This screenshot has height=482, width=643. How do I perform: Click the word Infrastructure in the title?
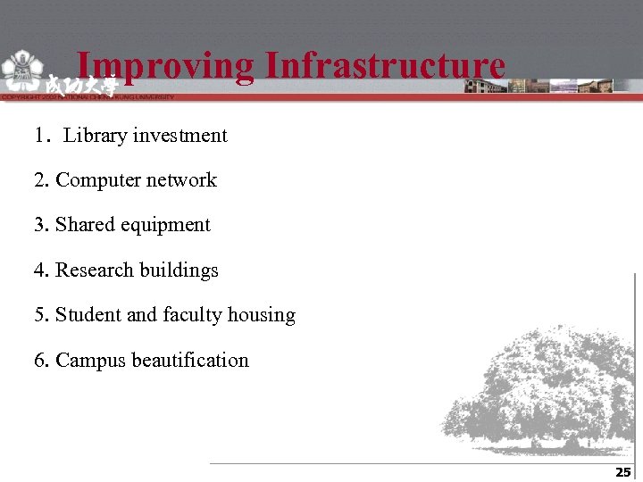coord(385,66)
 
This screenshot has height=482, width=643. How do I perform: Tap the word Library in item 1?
coord(96,136)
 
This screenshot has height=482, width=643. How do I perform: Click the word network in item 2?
coord(181,180)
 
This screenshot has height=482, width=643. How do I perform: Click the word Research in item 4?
coord(96,270)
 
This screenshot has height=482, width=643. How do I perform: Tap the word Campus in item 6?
coord(91,361)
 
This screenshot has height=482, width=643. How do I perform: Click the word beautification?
coord(190,361)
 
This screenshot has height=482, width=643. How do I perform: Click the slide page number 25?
coord(622,472)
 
